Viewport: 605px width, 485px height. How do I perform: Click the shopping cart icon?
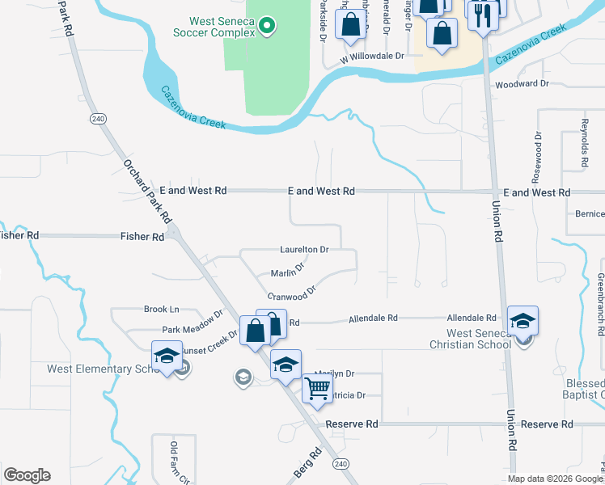[316, 387]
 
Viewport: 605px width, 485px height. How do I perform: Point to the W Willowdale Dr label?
[371, 57]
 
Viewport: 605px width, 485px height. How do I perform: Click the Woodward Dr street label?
[522, 83]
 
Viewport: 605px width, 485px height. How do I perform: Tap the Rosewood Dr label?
[535, 150]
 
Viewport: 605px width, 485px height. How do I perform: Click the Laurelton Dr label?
[304, 250]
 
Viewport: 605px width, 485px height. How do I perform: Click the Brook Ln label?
[161, 309]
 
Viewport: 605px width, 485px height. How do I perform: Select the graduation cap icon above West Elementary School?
[167, 356]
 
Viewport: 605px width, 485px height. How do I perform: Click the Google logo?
[27, 475]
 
